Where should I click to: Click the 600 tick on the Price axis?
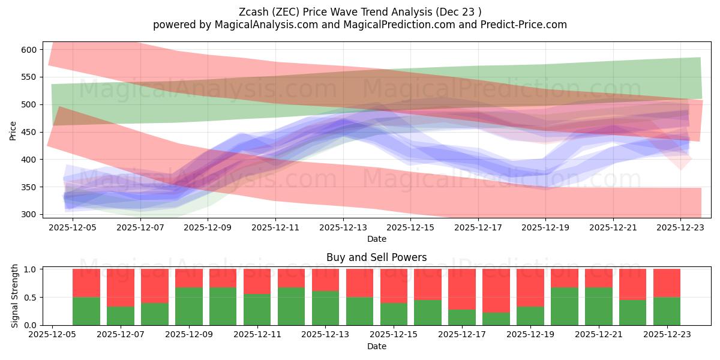(x=29, y=49)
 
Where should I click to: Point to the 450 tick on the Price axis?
(x=29, y=132)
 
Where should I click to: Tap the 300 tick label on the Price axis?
(x=29, y=214)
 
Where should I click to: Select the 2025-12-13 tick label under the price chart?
(x=343, y=228)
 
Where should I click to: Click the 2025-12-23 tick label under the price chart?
(x=680, y=228)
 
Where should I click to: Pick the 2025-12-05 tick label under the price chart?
(x=73, y=228)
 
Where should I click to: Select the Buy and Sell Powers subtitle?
(x=376, y=257)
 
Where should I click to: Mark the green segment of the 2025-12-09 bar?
(x=189, y=306)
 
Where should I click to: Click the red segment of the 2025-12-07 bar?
(x=121, y=287)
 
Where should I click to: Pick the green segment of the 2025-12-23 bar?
(x=667, y=311)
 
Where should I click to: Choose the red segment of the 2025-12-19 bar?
(x=530, y=287)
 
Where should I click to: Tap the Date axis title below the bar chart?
(x=376, y=346)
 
